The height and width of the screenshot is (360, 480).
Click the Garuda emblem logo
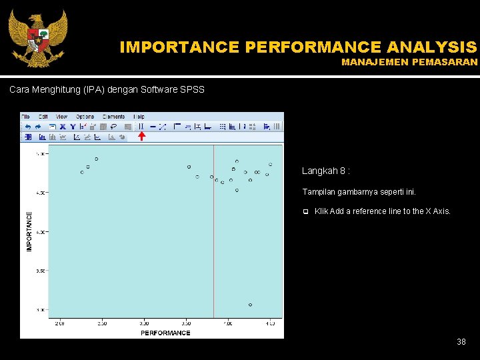[x=38, y=38]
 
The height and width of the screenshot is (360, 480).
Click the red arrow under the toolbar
[x=141, y=137]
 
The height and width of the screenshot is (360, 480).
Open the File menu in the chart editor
[x=27, y=117]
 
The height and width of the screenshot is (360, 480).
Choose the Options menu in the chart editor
[x=85, y=117]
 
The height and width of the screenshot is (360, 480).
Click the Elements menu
[x=113, y=117]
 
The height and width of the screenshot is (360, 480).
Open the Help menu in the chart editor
[x=139, y=117]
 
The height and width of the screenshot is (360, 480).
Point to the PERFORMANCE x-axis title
[x=165, y=333]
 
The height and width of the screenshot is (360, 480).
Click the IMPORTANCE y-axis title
[x=29, y=231]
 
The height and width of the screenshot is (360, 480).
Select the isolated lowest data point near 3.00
[x=250, y=305]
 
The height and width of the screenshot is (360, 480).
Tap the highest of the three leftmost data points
[x=96, y=159]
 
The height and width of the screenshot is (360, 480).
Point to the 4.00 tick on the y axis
[x=41, y=232]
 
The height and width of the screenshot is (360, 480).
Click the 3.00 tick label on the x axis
[x=143, y=323]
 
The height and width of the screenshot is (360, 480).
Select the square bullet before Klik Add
[x=305, y=212]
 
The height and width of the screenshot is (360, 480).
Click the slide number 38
[x=461, y=342]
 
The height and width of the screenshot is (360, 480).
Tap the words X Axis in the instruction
[x=437, y=211]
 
